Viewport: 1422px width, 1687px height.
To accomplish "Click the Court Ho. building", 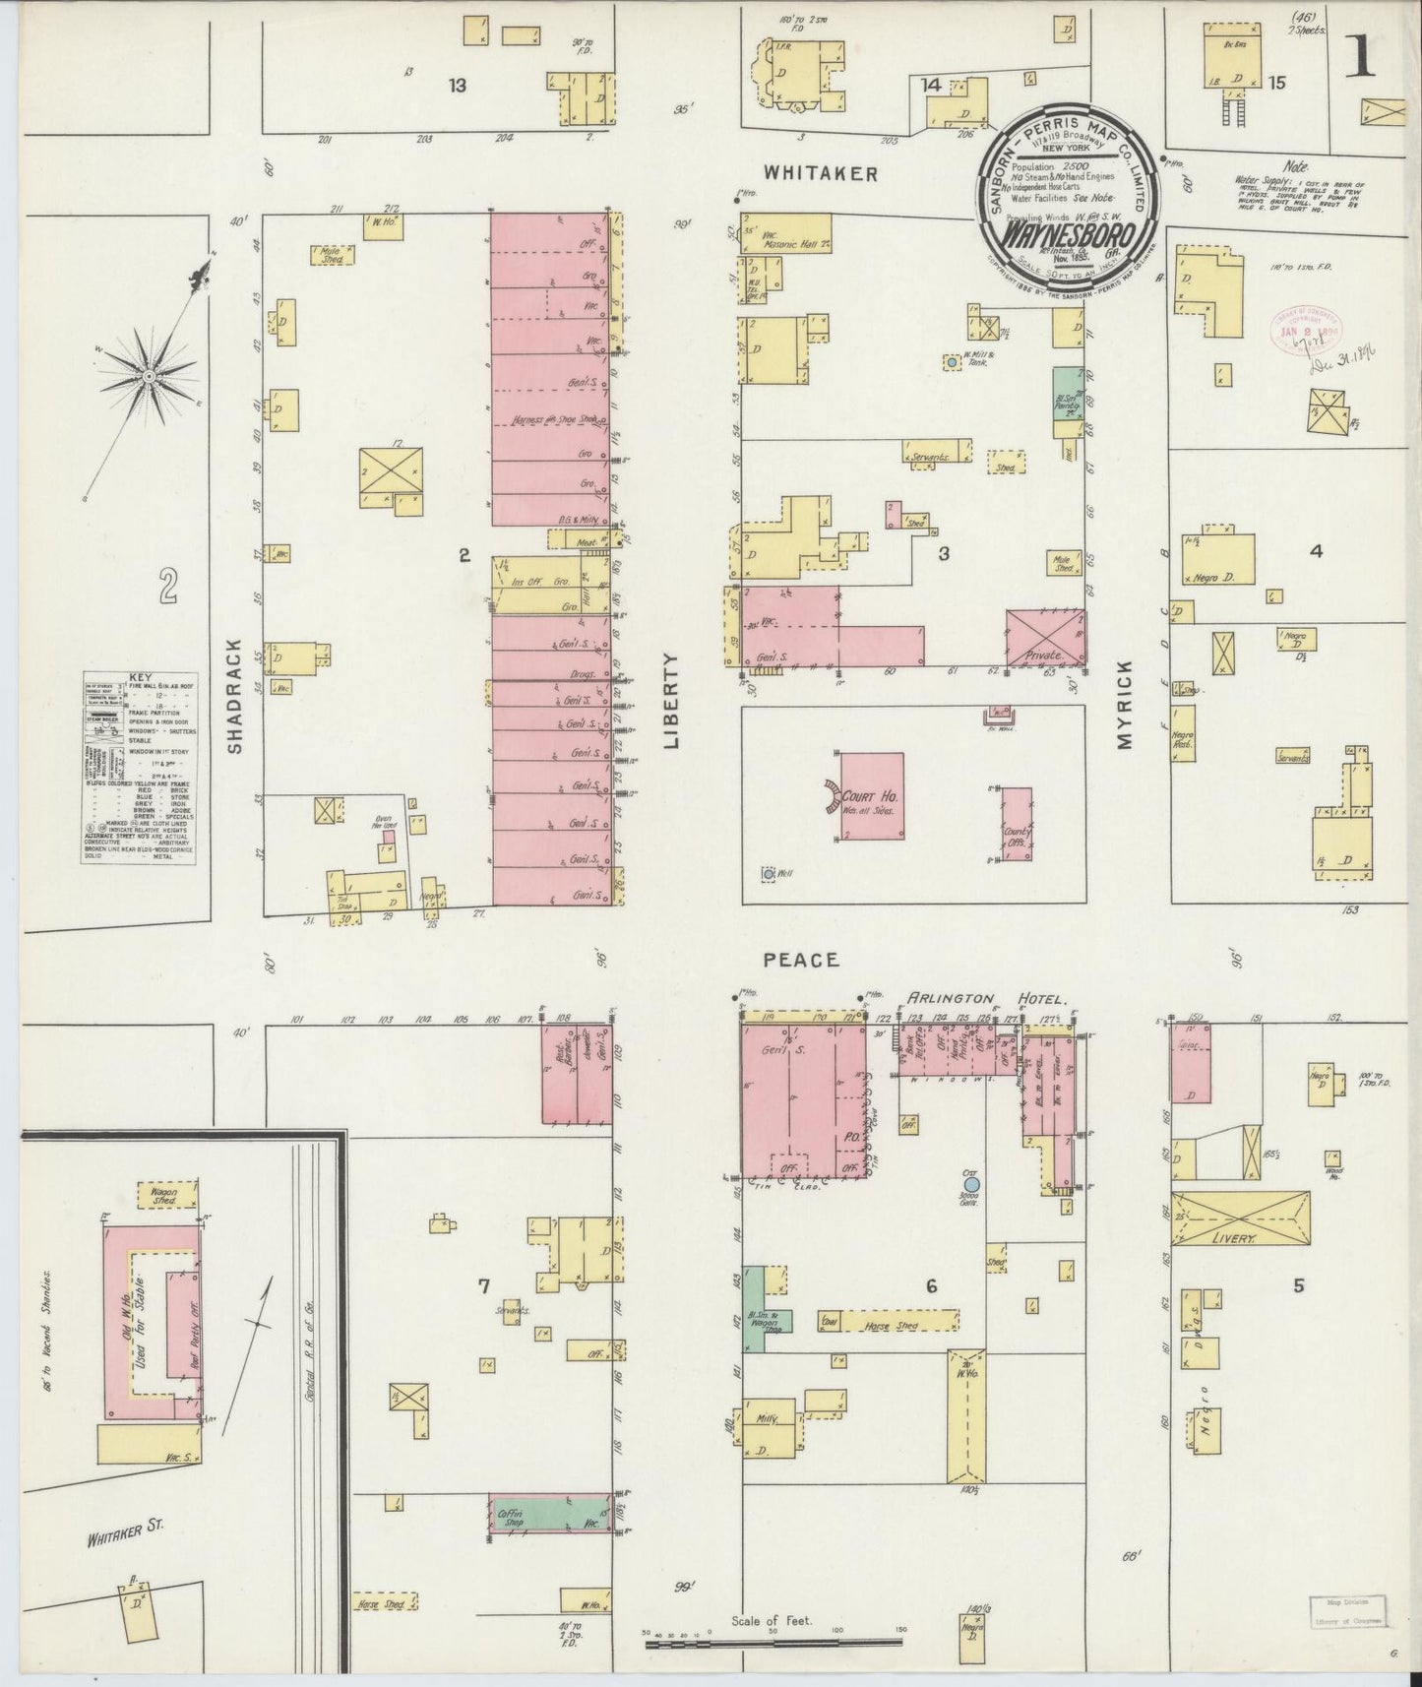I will click(872, 796).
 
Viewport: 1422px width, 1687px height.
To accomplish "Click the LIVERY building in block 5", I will click(1241, 1220).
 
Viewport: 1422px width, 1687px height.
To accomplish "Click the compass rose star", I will click(148, 375).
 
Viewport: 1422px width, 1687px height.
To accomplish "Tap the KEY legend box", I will click(138, 768).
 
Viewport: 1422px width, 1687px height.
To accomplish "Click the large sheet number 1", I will click(1363, 59).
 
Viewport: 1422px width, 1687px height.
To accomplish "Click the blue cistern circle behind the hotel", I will click(971, 1186).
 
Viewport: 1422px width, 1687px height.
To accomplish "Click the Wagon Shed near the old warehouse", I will click(164, 1195).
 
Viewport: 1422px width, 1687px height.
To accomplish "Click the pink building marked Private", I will click(1045, 638).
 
